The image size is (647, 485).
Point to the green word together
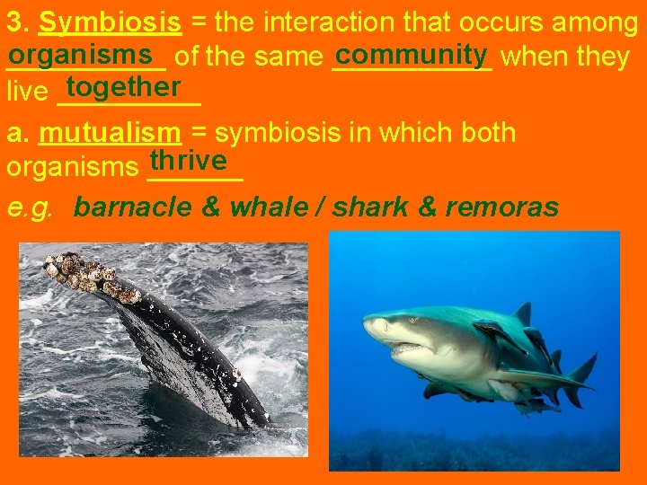click(x=123, y=86)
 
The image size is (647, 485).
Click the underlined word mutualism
click(x=111, y=133)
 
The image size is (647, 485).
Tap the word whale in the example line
click(x=268, y=207)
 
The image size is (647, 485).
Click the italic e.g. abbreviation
click(x=29, y=207)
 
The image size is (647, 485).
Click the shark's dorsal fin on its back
click(x=521, y=315)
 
